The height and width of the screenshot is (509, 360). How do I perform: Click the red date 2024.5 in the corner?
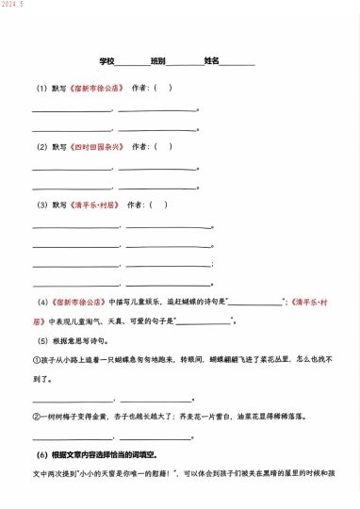point(12,5)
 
